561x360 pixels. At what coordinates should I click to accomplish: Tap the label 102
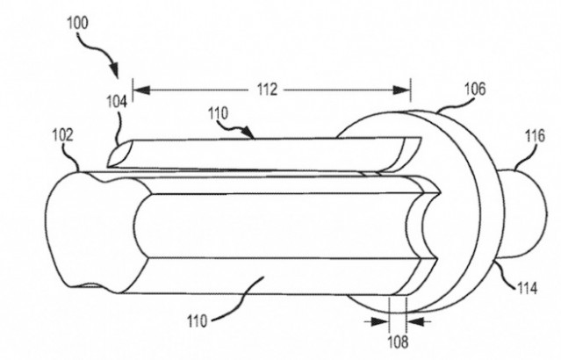[x=62, y=136]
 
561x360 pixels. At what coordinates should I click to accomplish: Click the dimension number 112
[x=268, y=89]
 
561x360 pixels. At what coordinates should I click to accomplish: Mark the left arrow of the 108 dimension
[x=386, y=321]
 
